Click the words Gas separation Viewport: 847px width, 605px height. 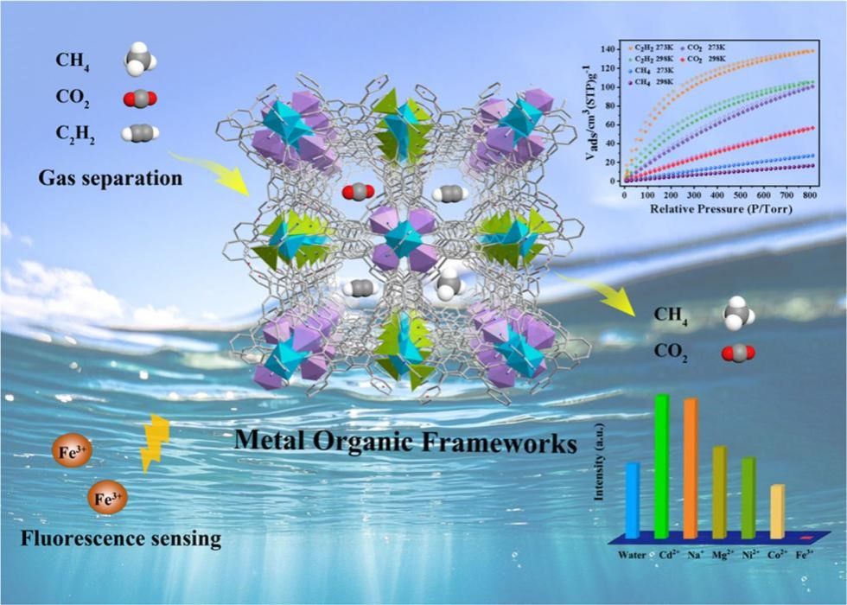pyautogui.click(x=110, y=179)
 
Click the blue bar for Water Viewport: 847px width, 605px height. pyautogui.click(x=633, y=500)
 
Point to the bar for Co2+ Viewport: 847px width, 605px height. pyautogui.click(x=777, y=511)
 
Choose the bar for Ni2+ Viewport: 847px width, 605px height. pyautogui.click(x=748, y=497)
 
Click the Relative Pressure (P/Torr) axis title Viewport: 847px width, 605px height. pyautogui.click(x=710, y=209)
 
